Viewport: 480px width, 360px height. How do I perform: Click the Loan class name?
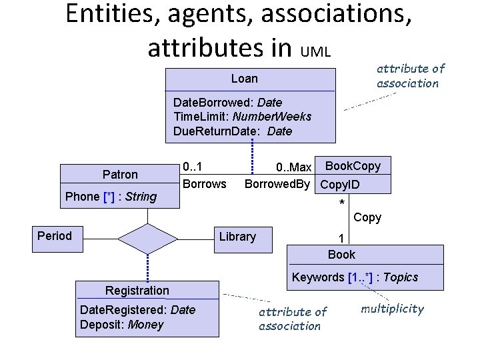pos(244,79)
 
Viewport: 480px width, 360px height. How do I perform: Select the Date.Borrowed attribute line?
pos(227,103)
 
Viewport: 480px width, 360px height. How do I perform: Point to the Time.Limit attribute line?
pos(242,117)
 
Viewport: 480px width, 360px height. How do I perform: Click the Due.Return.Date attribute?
pos(232,131)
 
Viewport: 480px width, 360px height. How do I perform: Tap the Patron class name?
pos(120,175)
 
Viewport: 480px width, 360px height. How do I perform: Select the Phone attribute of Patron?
pos(111,197)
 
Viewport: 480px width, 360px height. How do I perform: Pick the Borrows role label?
pos(204,183)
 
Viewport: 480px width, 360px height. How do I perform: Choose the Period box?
pos(55,235)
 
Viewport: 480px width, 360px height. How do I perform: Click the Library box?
pos(237,237)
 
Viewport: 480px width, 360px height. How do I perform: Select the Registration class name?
pos(137,290)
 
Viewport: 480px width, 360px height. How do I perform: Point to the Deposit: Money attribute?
pos(121,325)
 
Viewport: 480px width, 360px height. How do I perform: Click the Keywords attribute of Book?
pos(355,277)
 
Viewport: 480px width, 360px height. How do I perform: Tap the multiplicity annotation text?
pos(392,308)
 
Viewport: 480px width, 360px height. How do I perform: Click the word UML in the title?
pos(315,51)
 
